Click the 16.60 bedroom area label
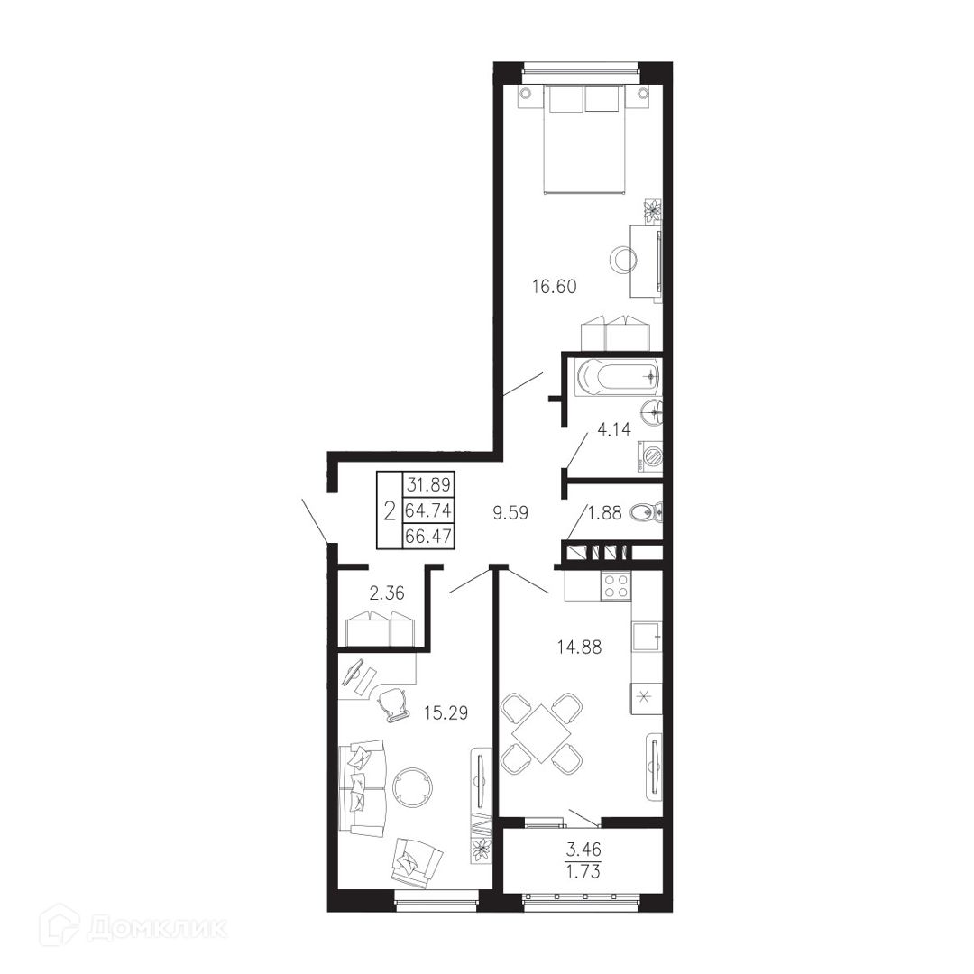[x=555, y=287]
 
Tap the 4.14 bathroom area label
[x=614, y=429]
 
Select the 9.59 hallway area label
[x=510, y=514]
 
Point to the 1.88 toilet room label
[x=605, y=513]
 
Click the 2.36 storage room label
[x=386, y=593]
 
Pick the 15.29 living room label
[x=446, y=712]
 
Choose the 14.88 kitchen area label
[x=579, y=648]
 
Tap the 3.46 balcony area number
[x=583, y=847]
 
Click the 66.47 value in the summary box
[x=428, y=536]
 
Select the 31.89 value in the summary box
[x=428, y=484]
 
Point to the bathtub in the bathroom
[x=619, y=378]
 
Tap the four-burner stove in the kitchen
[x=616, y=585]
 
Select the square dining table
[x=541, y=733]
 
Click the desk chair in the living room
[x=392, y=705]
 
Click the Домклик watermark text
[x=158, y=928]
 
